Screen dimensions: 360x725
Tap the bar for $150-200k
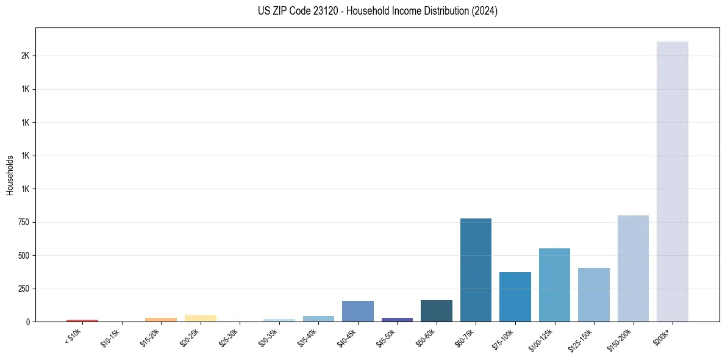[633, 268]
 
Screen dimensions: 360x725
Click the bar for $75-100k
[515, 297]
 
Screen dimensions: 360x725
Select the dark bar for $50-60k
[437, 311]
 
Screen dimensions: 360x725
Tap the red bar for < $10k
[82, 320]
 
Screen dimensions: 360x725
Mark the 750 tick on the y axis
[25, 222]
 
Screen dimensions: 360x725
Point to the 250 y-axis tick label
[25, 289]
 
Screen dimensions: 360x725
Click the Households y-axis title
[10, 175]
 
